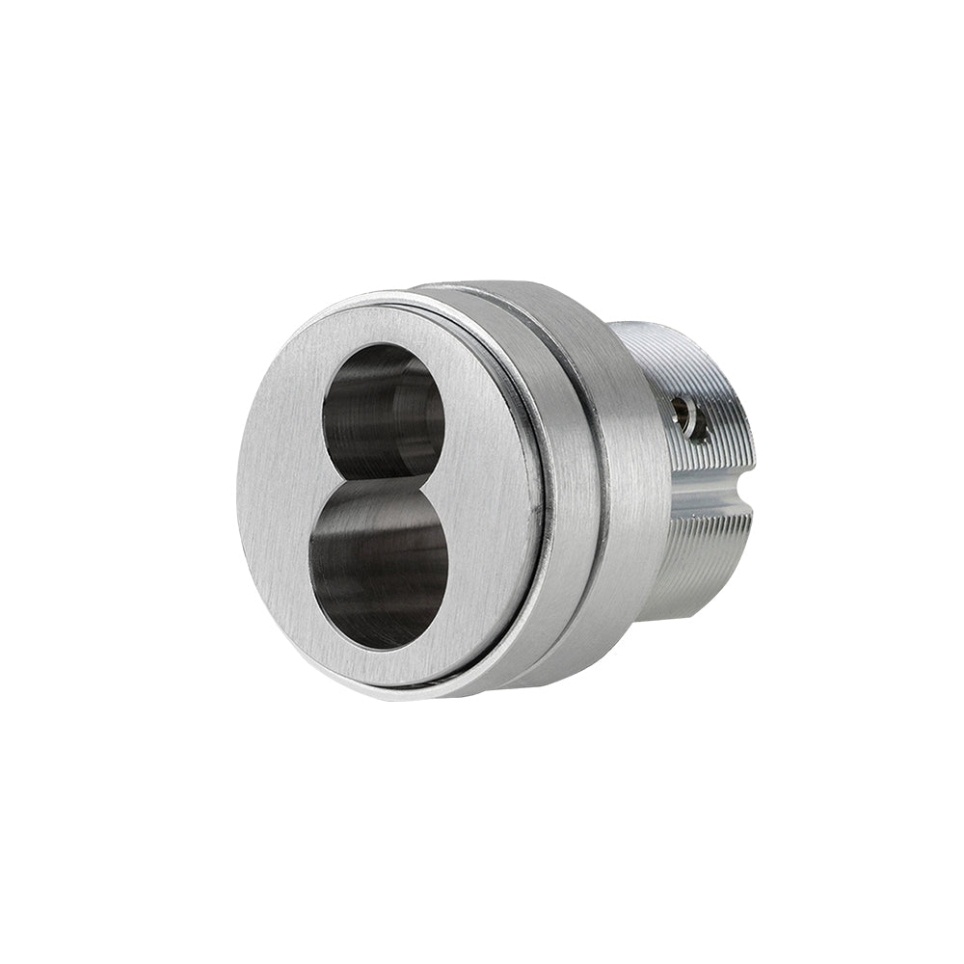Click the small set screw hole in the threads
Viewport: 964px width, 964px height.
pyautogui.click(x=686, y=416)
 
